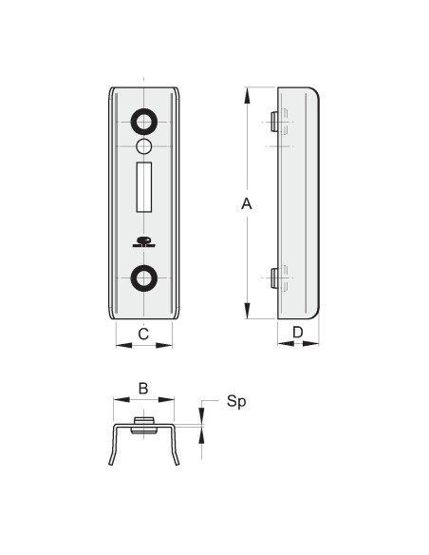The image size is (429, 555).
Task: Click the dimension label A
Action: click(247, 204)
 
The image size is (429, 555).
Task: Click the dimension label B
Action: click(143, 389)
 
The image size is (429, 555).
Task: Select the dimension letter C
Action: click(143, 334)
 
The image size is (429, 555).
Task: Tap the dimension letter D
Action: click(298, 333)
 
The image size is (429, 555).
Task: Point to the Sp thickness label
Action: click(236, 402)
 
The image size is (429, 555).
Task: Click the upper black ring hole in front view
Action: click(144, 123)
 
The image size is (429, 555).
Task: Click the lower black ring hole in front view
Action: click(144, 278)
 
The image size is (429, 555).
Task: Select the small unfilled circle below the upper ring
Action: click(144, 146)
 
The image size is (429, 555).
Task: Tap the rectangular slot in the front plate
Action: click(144, 187)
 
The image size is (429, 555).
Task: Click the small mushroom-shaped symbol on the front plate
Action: click(144, 241)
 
